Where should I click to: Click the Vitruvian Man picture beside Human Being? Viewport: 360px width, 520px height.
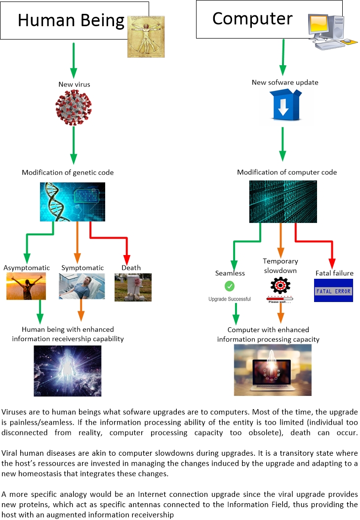146,37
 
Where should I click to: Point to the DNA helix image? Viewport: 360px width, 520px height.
73,202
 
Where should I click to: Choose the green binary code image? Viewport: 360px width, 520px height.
283,202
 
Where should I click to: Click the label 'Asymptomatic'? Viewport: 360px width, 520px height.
27,268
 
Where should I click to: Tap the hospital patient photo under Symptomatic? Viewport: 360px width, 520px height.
82,286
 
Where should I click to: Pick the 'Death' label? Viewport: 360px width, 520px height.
131,268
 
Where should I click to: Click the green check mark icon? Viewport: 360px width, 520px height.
229,286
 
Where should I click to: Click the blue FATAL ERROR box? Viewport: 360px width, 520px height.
333,291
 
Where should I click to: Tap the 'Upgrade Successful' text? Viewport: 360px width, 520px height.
229,299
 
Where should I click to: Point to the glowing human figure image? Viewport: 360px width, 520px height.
68,371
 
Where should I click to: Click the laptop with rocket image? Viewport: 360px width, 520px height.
273,370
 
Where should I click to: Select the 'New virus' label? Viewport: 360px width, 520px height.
74,85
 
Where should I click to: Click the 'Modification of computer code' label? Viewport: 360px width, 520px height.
287,172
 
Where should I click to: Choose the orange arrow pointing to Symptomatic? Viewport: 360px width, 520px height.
78,242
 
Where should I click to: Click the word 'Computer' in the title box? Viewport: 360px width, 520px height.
252,18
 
